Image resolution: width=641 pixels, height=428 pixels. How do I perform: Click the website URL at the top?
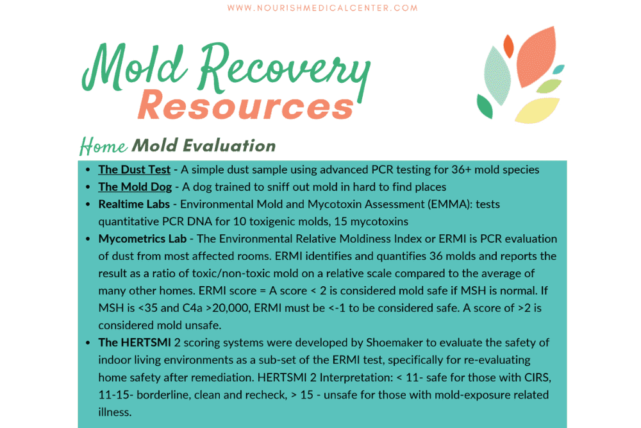[x=322, y=8]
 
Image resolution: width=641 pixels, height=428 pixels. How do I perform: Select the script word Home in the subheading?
[x=103, y=146]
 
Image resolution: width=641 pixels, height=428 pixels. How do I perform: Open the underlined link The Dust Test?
[x=134, y=169]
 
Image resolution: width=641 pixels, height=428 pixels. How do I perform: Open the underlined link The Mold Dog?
[x=135, y=187]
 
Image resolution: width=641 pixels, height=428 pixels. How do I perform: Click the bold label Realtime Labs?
[x=136, y=204]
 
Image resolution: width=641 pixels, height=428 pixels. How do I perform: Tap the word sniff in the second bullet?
[x=277, y=187]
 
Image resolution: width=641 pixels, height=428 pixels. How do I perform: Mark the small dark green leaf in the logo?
[x=485, y=107]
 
